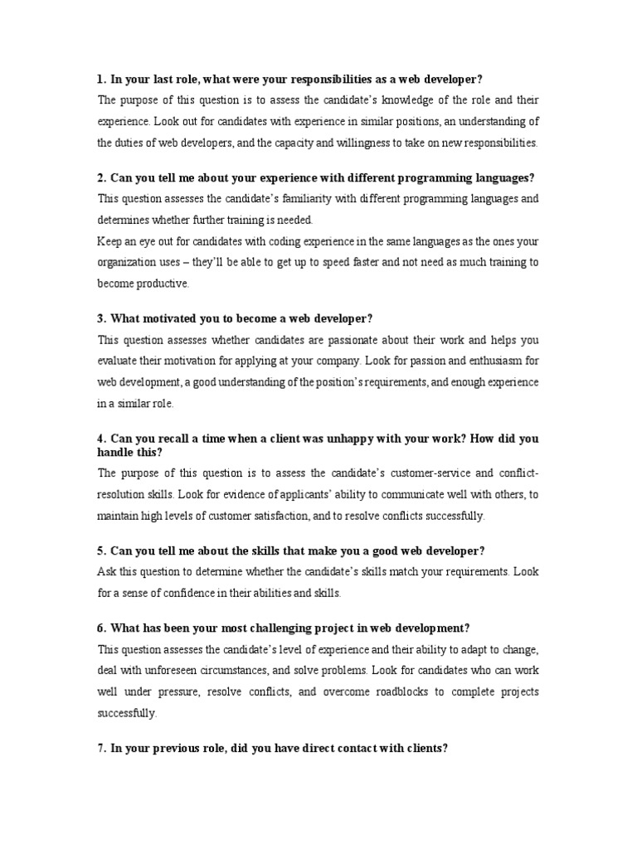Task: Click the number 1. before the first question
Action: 101,79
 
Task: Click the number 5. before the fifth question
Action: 101,551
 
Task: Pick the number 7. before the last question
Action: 101,748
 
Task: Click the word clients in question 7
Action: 425,748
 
